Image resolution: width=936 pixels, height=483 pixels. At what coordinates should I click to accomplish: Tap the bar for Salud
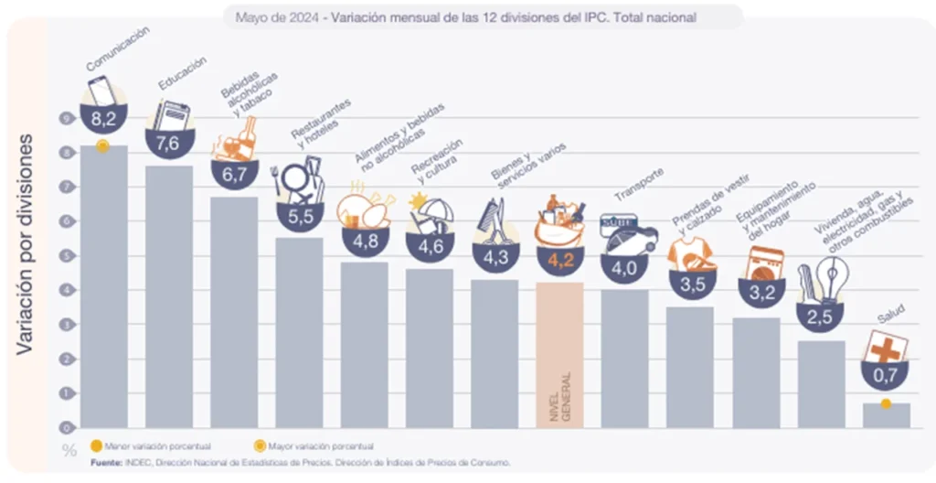pos(886,415)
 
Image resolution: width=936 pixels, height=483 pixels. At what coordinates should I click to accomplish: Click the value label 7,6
pos(169,143)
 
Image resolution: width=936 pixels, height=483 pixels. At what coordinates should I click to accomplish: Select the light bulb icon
pos(832,276)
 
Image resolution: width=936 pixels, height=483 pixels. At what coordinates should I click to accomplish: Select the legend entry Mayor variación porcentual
pos(309,446)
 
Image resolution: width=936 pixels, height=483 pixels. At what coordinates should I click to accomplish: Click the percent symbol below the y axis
pos(69,449)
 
